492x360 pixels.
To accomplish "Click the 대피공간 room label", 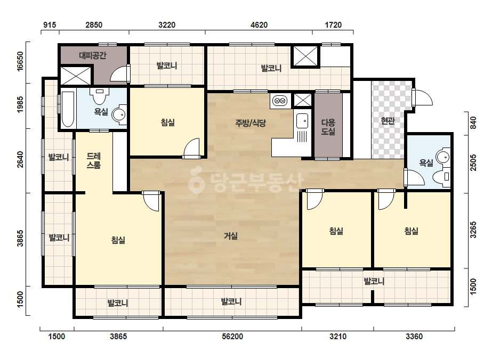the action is pyautogui.click(x=93, y=55).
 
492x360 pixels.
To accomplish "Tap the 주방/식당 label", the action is pyautogui.click(x=251, y=122).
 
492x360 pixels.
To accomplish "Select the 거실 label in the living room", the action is pyautogui.click(x=230, y=236).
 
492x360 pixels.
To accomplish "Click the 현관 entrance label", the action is pyautogui.click(x=388, y=120).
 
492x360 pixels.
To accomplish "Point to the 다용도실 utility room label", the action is pyautogui.click(x=328, y=127).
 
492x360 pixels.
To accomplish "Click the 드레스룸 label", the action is pyautogui.click(x=93, y=160).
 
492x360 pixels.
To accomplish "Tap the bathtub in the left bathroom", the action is pyautogui.click(x=68, y=109).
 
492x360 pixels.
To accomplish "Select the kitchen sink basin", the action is pyautogui.click(x=302, y=120).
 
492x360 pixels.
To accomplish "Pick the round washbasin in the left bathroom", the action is pyautogui.click(x=119, y=115).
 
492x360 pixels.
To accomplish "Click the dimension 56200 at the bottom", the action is pyautogui.click(x=232, y=337).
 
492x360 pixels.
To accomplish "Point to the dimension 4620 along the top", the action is pyautogui.click(x=259, y=25).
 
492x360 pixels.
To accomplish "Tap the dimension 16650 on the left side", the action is pyautogui.click(x=20, y=62).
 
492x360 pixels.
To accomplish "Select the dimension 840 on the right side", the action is pyautogui.click(x=473, y=122).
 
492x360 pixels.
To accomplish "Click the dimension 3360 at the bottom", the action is pyautogui.click(x=414, y=337).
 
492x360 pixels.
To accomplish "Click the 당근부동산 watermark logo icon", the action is pyautogui.click(x=196, y=181).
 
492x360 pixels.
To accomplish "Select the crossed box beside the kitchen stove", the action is pyautogui.click(x=303, y=100).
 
